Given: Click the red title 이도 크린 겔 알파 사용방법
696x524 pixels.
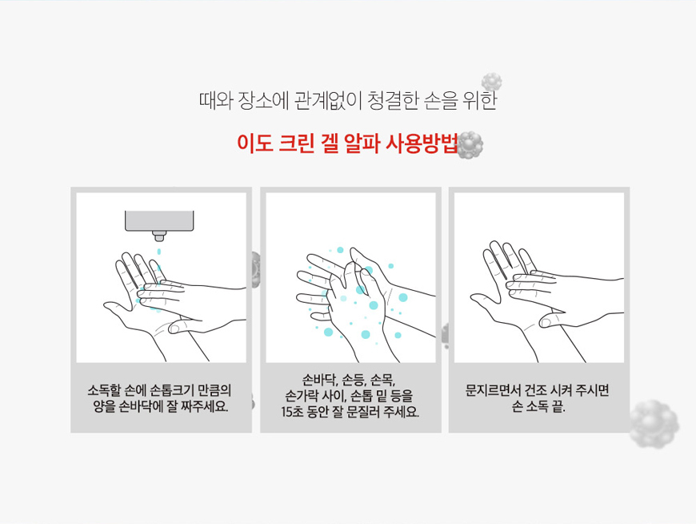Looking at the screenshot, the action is point(347,143).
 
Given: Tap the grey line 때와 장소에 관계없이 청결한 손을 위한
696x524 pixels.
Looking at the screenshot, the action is point(348,101).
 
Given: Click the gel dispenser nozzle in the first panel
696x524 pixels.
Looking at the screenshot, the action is point(158,236).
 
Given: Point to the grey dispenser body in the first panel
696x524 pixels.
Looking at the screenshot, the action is point(159,221).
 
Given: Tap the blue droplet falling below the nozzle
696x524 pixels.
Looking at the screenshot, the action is point(159,252).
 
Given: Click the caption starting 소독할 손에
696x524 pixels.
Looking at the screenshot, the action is point(160,398).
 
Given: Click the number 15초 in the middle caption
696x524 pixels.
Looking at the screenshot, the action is point(292,412).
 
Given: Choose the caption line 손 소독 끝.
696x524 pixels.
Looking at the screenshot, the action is point(538,406).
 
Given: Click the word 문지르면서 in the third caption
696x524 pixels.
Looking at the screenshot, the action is point(492,391).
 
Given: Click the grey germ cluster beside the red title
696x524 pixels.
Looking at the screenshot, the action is point(470,144).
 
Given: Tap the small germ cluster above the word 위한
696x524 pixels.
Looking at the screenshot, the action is point(492,83).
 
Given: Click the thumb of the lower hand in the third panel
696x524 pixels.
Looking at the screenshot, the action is point(547,320).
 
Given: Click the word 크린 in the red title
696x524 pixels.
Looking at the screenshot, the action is point(296,143).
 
